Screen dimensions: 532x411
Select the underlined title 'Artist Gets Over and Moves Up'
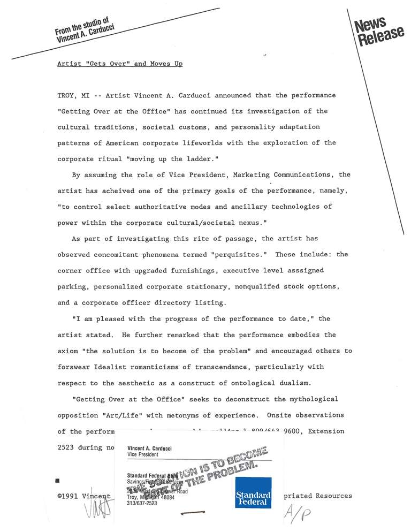pos(120,64)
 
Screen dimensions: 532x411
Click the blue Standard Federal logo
pos(253,492)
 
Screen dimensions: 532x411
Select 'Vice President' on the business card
pos(143,454)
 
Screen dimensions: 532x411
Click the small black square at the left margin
pos(57,481)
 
